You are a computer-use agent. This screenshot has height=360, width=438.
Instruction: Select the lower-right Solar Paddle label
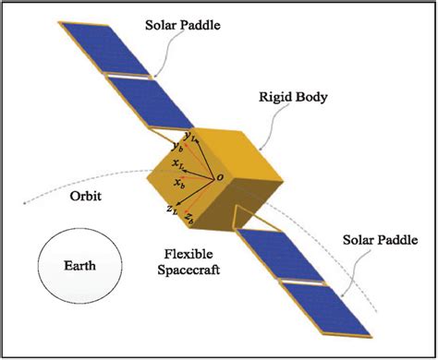click(385, 240)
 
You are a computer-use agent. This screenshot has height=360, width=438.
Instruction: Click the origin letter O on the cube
click(219, 176)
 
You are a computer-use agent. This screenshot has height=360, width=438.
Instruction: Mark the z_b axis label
click(189, 218)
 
